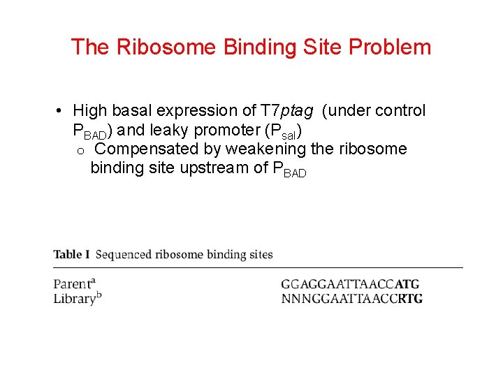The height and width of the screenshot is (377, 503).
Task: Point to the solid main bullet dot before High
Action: tap(61, 111)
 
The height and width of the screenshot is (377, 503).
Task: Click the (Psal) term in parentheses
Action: tap(280, 131)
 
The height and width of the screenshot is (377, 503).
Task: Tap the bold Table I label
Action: tap(71, 254)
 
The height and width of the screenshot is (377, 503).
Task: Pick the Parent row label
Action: tap(74, 283)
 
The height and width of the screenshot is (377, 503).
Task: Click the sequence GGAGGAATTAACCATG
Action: tap(350, 284)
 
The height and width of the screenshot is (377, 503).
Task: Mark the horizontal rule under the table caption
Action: tap(258, 267)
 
